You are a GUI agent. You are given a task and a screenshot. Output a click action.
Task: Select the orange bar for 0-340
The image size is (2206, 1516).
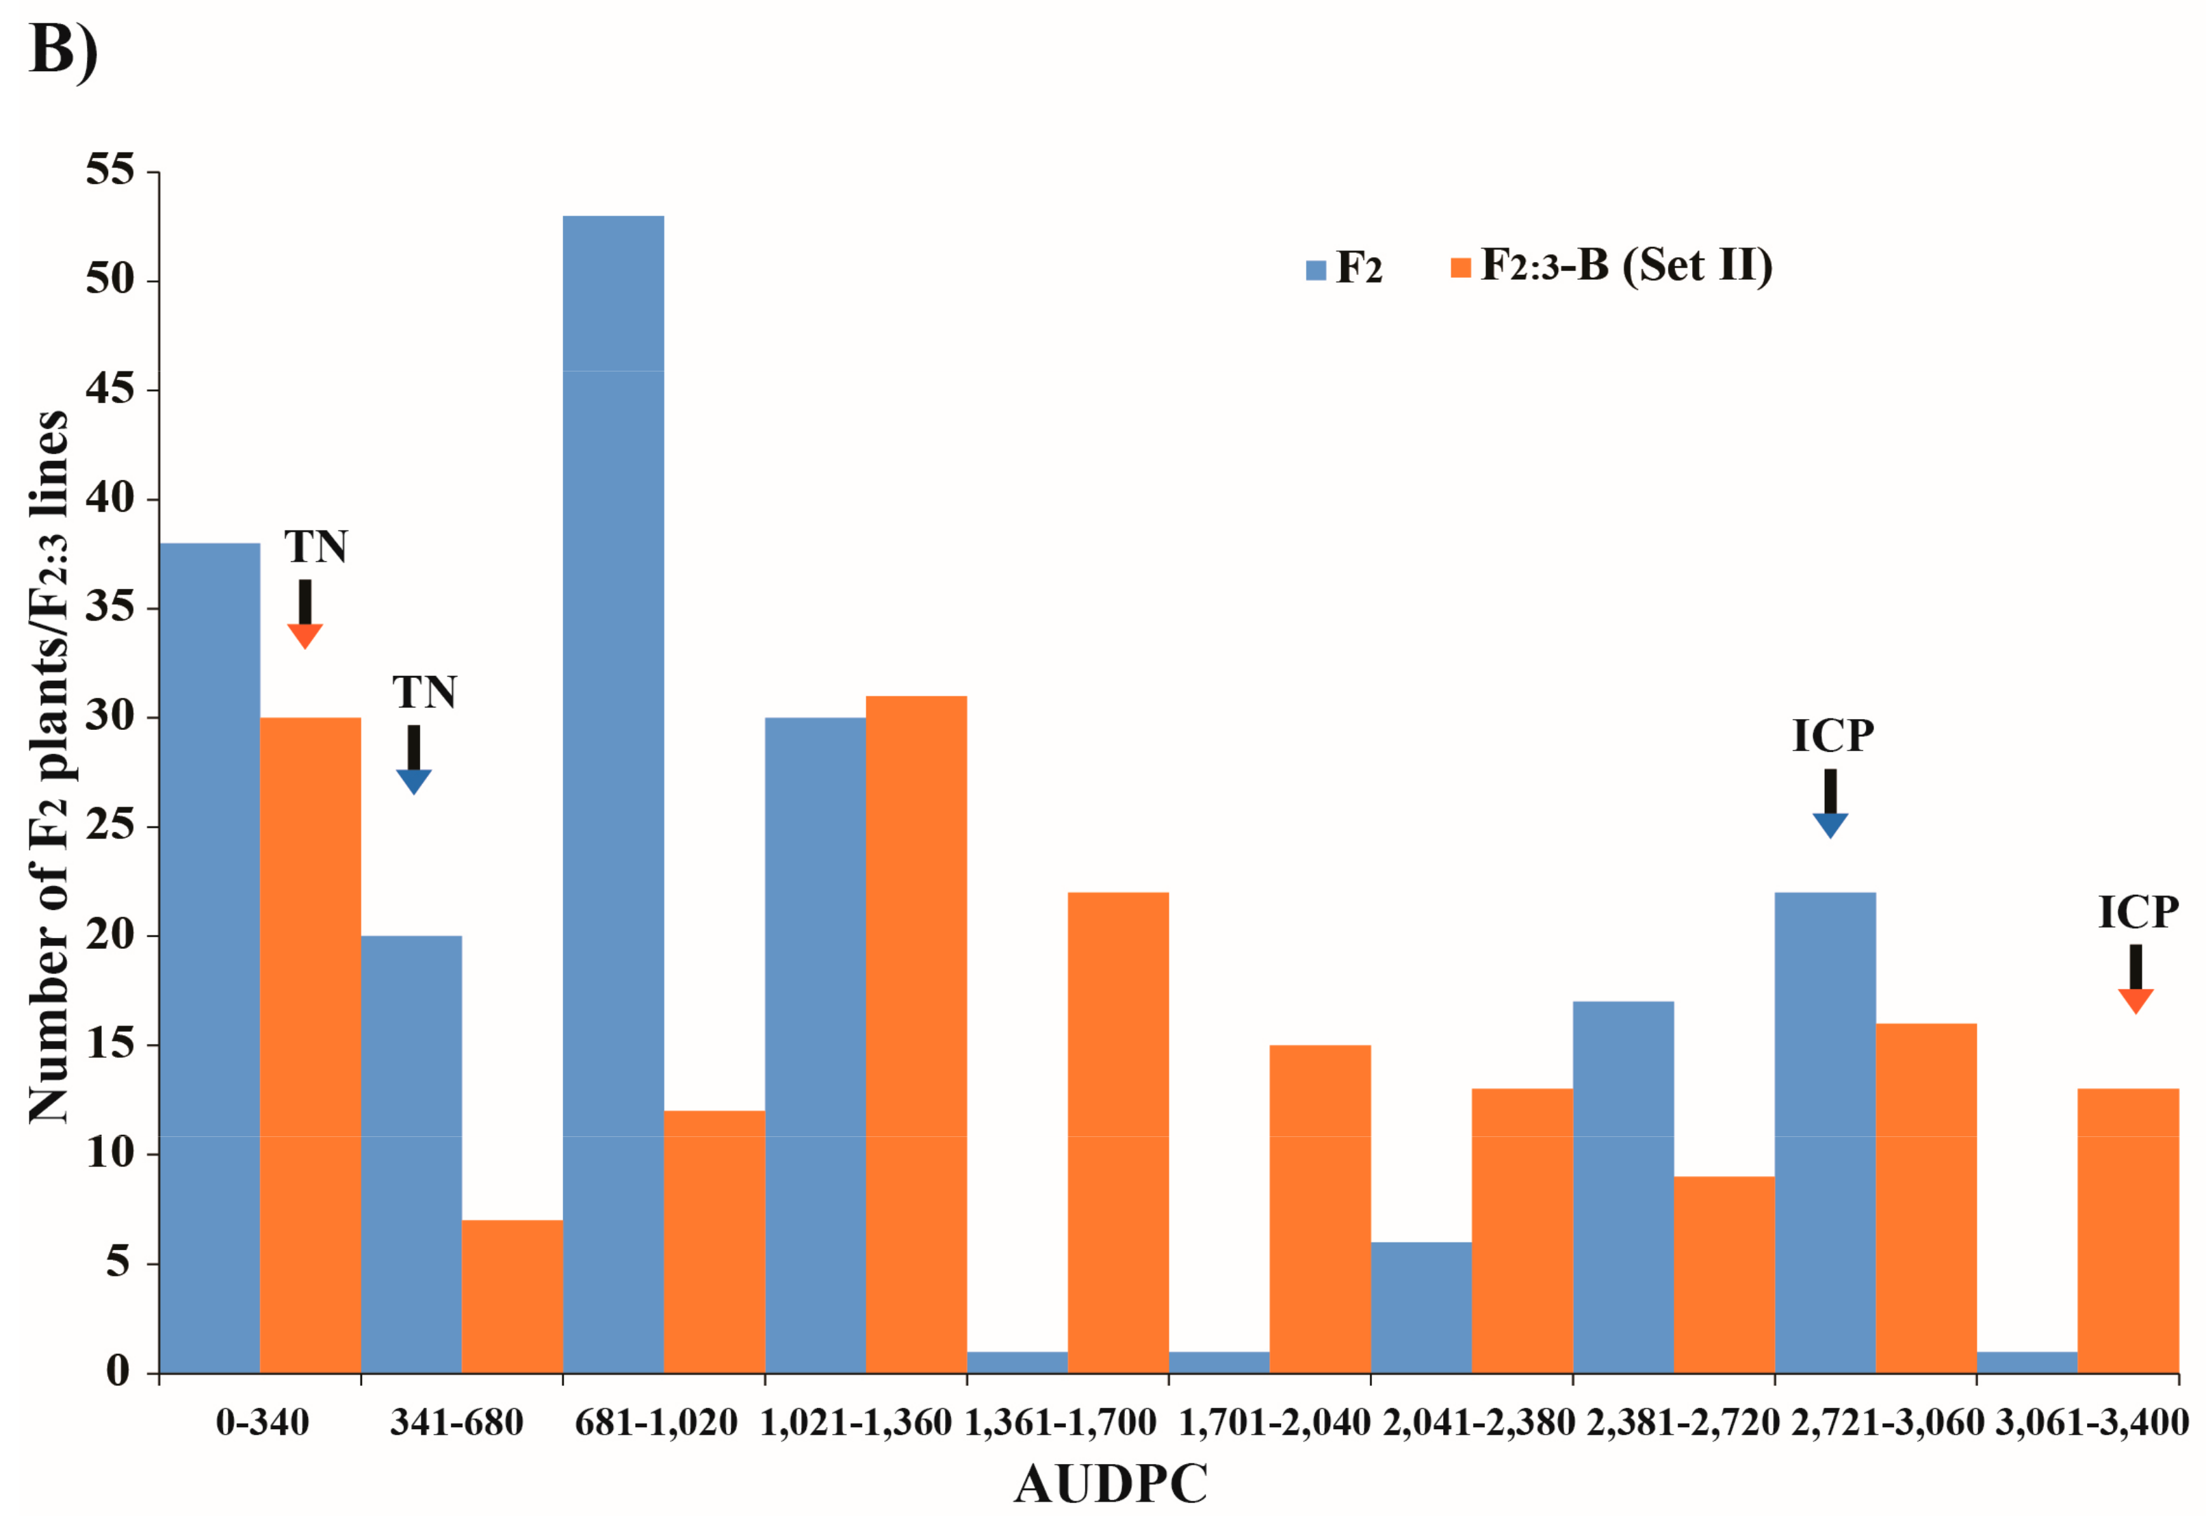310,1045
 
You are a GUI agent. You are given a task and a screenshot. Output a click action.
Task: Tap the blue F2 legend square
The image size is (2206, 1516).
1316,270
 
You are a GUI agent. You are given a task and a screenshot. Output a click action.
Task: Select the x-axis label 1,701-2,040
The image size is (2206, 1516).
1273,1422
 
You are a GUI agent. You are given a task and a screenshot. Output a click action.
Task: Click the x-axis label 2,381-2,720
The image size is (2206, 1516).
1682,1422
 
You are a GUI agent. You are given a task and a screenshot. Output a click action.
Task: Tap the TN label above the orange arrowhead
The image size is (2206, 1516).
315,547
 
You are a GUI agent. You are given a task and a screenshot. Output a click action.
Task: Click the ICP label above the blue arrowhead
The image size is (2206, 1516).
1832,736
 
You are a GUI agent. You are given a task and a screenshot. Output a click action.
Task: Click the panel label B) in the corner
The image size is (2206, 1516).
63,49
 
